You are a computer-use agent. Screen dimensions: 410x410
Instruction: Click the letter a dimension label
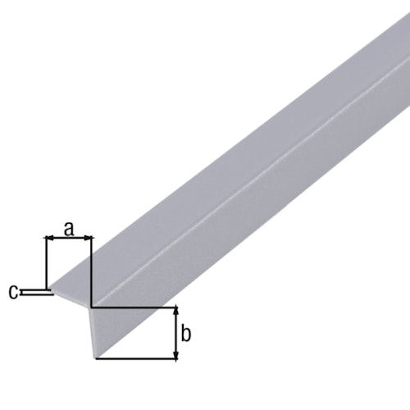point(69,230)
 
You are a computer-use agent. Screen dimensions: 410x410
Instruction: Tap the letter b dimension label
point(186,334)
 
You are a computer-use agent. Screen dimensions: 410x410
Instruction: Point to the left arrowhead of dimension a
point(48,239)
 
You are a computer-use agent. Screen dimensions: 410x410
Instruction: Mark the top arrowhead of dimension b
point(175,312)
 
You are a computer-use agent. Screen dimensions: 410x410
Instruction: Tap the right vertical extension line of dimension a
point(92,271)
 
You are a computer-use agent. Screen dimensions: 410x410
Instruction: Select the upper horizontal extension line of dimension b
point(135,307)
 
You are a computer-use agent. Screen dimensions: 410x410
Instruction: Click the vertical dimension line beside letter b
point(175,334)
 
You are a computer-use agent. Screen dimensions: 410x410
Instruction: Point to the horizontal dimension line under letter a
point(68,239)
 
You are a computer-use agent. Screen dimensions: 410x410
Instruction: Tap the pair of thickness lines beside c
point(37,291)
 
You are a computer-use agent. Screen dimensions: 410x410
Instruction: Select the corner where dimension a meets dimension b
point(92,307)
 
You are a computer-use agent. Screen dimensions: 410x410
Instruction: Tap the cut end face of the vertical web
point(95,332)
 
